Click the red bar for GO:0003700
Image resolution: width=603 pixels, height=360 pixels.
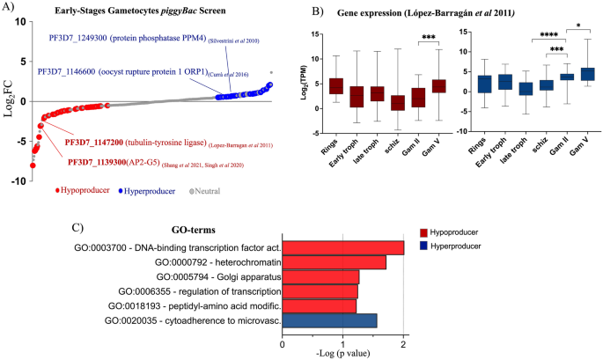(342, 247)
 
